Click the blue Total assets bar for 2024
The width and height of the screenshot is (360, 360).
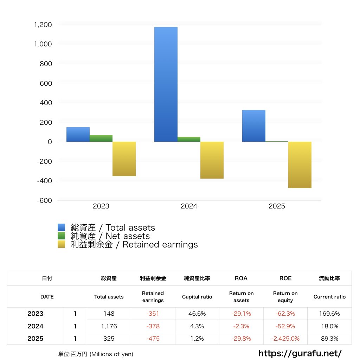click(166, 84)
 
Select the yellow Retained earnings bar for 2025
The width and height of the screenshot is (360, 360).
click(300, 165)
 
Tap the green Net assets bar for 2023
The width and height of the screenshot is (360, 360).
click(101, 138)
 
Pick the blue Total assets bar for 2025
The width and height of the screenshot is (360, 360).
click(254, 126)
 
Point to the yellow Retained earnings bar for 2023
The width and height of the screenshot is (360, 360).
click(124, 159)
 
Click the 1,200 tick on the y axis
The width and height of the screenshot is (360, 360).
click(43, 25)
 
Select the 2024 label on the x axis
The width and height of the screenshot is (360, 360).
click(189, 206)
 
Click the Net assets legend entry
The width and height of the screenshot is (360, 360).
click(110, 236)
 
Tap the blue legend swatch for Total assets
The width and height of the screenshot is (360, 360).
click(62, 227)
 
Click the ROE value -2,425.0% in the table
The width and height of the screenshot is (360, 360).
click(285, 339)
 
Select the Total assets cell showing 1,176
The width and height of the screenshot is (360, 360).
click(109, 326)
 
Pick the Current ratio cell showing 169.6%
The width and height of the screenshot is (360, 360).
click(329, 314)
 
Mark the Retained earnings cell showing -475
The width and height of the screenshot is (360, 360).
click(153, 339)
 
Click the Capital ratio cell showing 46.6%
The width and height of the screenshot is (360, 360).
click(197, 314)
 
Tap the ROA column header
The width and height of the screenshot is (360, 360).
click(241, 278)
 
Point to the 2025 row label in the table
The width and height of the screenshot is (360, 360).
click(35, 339)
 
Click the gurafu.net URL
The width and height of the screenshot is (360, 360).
click(300, 353)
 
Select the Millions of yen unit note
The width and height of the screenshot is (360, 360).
click(96, 354)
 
